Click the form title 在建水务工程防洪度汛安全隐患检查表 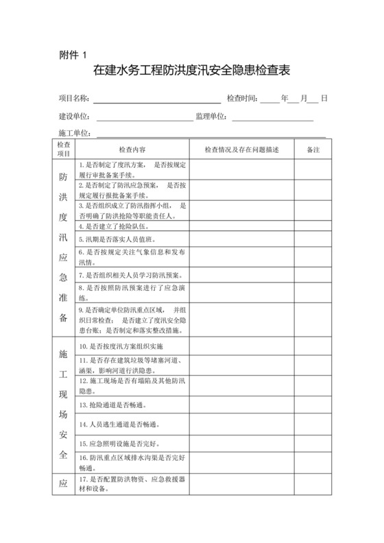coord(191,71)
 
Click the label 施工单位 coord(75,133)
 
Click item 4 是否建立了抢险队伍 coord(113,226)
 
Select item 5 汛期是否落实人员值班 coord(118,239)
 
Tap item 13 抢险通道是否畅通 coord(114,406)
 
